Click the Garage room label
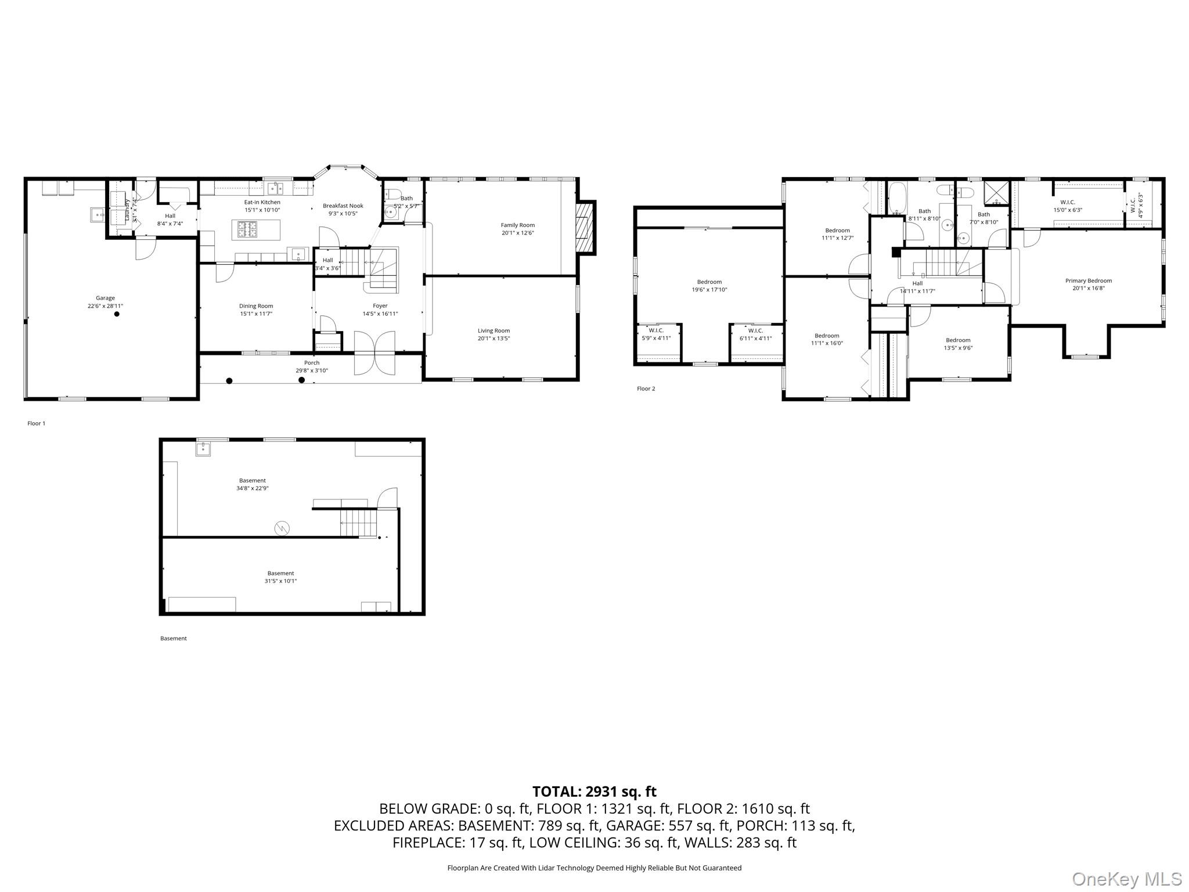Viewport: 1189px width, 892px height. click(106, 298)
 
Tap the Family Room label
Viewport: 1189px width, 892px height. click(517, 225)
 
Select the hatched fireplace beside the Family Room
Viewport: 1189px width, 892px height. click(585, 228)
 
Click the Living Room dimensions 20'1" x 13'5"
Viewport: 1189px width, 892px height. click(493, 339)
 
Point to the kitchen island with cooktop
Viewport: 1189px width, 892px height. click(256, 229)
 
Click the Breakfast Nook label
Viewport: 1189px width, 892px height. click(343, 206)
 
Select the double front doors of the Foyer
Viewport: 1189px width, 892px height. click(374, 353)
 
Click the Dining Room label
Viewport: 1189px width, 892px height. click(256, 306)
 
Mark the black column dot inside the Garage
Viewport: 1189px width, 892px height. click(117, 314)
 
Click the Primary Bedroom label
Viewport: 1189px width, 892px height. click(1088, 280)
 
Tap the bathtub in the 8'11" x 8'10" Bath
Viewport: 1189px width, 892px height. click(896, 199)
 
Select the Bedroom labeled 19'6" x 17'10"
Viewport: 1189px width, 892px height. click(709, 286)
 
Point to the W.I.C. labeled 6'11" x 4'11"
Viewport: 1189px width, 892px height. click(755, 334)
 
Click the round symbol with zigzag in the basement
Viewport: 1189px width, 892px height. click(282, 528)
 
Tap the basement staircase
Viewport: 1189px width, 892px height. click(358, 523)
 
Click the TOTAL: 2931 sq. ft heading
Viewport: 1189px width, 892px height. click(594, 792)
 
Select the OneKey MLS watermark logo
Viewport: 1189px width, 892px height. click(1126, 879)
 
